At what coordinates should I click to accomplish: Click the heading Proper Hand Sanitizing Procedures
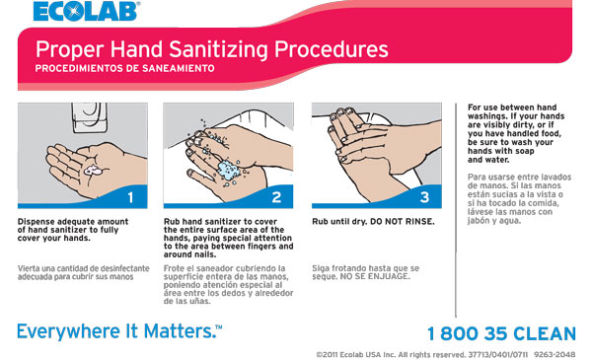pyautogui.click(x=211, y=49)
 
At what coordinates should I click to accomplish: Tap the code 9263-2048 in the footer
pyautogui.click(x=560, y=353)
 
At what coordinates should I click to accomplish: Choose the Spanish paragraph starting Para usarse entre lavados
pyautogui.click(x=513, y=197)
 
